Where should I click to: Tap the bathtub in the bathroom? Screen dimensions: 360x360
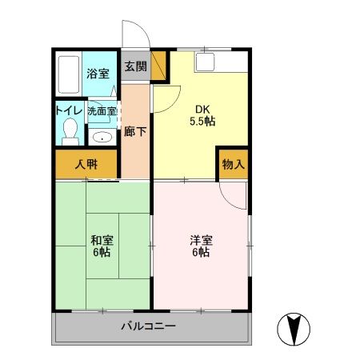pos(70,74)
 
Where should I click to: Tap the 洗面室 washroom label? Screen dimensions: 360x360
pos(102,112)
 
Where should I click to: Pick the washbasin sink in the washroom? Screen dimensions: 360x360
pos(102,137)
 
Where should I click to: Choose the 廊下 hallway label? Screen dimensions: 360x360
pos(135,131)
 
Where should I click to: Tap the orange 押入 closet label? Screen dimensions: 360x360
pos(87,166)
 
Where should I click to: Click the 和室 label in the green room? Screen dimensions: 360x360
pos(102,238)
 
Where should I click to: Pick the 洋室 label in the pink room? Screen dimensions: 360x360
pos(200,238)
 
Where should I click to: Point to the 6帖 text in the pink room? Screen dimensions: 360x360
pos(200,252)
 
